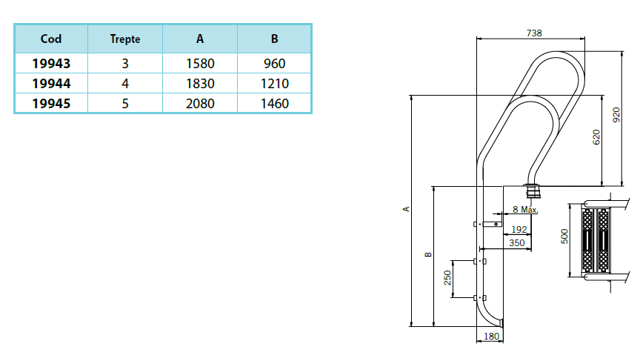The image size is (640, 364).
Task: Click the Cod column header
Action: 51,39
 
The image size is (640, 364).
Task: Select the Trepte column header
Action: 124,39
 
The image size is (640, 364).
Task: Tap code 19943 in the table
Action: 51,64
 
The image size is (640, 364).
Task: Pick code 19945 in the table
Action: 51,104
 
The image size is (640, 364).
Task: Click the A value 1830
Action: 200,85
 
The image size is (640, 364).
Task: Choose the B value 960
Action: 274,64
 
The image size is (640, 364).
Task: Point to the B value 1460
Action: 274,104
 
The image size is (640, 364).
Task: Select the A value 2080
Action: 200,104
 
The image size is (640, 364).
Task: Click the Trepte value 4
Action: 124,85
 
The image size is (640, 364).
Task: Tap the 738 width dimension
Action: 533,33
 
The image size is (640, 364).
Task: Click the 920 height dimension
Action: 616,114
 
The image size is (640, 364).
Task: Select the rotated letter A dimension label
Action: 406,210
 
